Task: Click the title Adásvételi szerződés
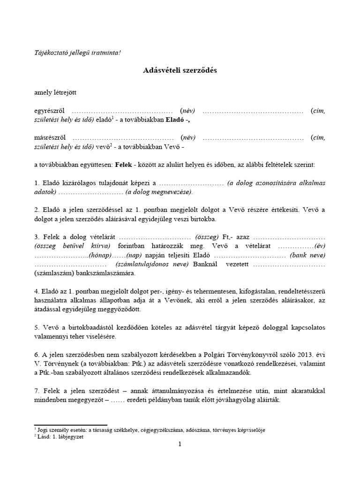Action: [x=180, y=71]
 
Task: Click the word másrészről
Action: [x=50, y=138]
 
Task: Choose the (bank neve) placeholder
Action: [x=307, y=255]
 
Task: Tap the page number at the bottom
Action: [x=180, y=445]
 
